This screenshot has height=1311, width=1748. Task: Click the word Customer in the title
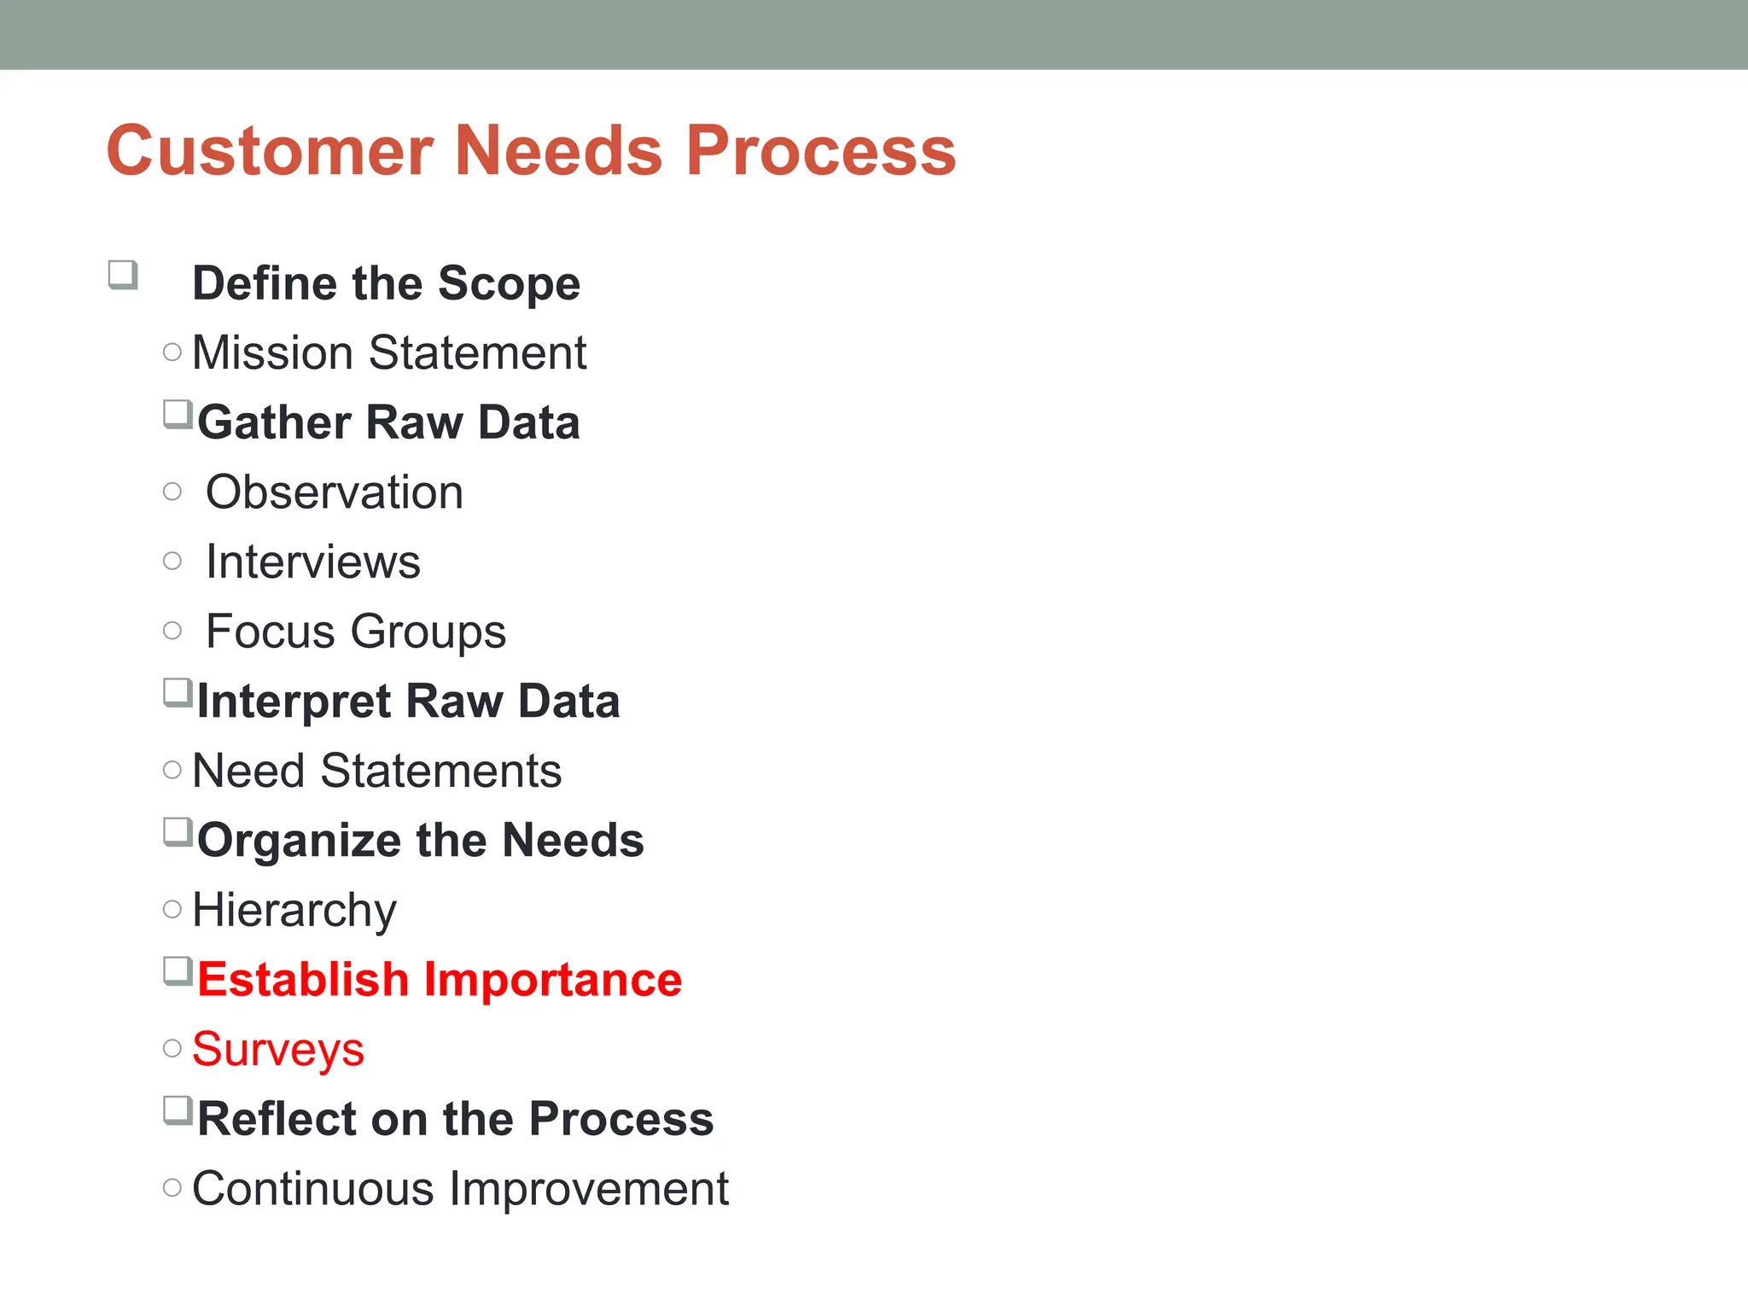pos(270,151)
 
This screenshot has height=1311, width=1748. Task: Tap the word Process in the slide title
pos(820,151)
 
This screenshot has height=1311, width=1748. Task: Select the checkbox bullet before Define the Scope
pos(123,275)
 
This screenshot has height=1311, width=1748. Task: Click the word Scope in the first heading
pos(509,284)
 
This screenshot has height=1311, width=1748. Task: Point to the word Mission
pos(272,353)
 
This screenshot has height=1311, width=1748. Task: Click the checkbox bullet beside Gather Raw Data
pos(178,414)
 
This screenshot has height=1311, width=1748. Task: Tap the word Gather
pos(274,422)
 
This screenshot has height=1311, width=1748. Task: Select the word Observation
pos(335,492)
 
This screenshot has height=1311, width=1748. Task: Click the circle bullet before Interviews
pos(172,561)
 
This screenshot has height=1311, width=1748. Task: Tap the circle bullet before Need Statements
pos(172,770)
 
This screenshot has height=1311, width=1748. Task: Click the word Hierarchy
pos(294,911)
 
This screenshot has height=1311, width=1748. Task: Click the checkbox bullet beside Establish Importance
pos(178,971)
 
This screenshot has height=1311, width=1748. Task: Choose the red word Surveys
pos(278,1050)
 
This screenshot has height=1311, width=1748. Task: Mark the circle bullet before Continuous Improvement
pos(172,1187)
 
